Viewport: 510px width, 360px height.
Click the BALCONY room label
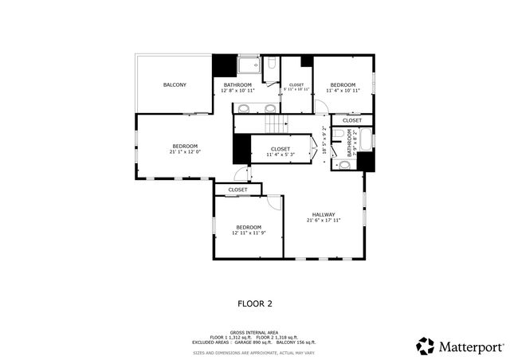(x=175, y=84)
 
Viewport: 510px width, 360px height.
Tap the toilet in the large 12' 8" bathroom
(x=271, y=65)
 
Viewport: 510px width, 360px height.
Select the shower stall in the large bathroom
(x=249, y=65)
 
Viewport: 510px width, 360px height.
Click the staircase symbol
(x=276, y=123)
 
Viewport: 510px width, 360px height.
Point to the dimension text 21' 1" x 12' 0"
(x=185, y=152)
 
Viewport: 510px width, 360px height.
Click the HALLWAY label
(x=323, y=214)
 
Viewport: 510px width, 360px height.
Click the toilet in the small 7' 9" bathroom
(x=343, y=165)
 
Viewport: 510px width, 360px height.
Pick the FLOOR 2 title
(x=255, y=303)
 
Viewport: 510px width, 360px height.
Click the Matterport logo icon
(x=426, y=346)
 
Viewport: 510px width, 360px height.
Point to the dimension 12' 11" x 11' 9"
(x=248, y=233)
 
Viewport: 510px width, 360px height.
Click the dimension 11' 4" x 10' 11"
(x=343, y=90)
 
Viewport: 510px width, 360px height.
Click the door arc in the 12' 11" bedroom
(x=274, y=202)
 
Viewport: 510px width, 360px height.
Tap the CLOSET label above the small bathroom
(x=351, y=120)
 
